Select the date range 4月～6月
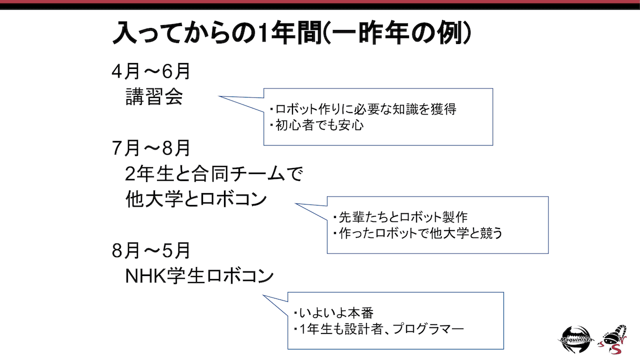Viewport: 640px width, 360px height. pyautogui.click(x=151, y=72)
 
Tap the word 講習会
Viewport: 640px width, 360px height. pyautogui.click(x=154, y=96)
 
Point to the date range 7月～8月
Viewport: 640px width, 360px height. pyautogui.click(x=151, y=148)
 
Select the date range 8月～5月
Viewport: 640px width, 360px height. pyautogui.click(x=151, y=250)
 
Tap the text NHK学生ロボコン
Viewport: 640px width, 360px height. pyautogui.click(x=199, y=275)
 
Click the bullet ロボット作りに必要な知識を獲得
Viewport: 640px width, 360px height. pyautogui.click(x=362, y=110)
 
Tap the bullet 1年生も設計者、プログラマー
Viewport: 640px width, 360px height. pyautogui.click(x=379, y=329)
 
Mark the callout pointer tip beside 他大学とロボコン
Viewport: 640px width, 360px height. pyautogui.click(x=296, y=204)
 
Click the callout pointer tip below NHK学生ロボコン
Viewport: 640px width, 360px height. pyautogui.click(x=263, y=295)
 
